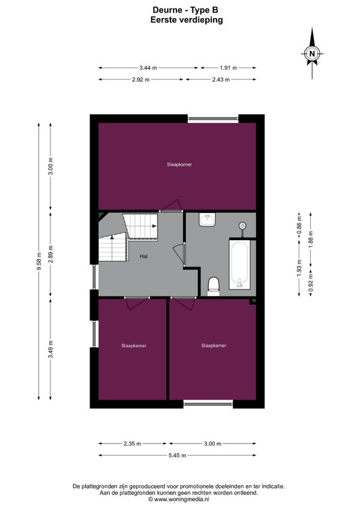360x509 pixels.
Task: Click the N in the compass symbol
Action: point(312,53)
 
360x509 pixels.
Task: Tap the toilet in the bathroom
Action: point(214,286)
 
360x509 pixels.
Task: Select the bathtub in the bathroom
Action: point(239,265)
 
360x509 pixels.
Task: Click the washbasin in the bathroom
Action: point(208,220)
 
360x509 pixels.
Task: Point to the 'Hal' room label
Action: point(144,256)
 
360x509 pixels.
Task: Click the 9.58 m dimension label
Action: point(39,261)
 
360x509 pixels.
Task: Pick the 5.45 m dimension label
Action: point(177,455)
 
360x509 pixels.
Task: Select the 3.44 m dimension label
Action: point(148,68)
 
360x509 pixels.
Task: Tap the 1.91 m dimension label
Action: point(228,68)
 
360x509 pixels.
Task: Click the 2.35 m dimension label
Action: point(132,444)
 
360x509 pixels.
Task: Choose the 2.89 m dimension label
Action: point(50,254)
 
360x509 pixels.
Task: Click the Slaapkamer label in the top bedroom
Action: point(179,164)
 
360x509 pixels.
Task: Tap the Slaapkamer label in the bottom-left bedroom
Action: point(134,346)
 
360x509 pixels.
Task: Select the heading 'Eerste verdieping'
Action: point(187,20)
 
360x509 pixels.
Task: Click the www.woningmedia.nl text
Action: point(181,499)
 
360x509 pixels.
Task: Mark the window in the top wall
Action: point(213,119)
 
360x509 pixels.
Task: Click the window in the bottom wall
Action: point(208,403)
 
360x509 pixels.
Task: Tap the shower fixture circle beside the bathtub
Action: point(242,225)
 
